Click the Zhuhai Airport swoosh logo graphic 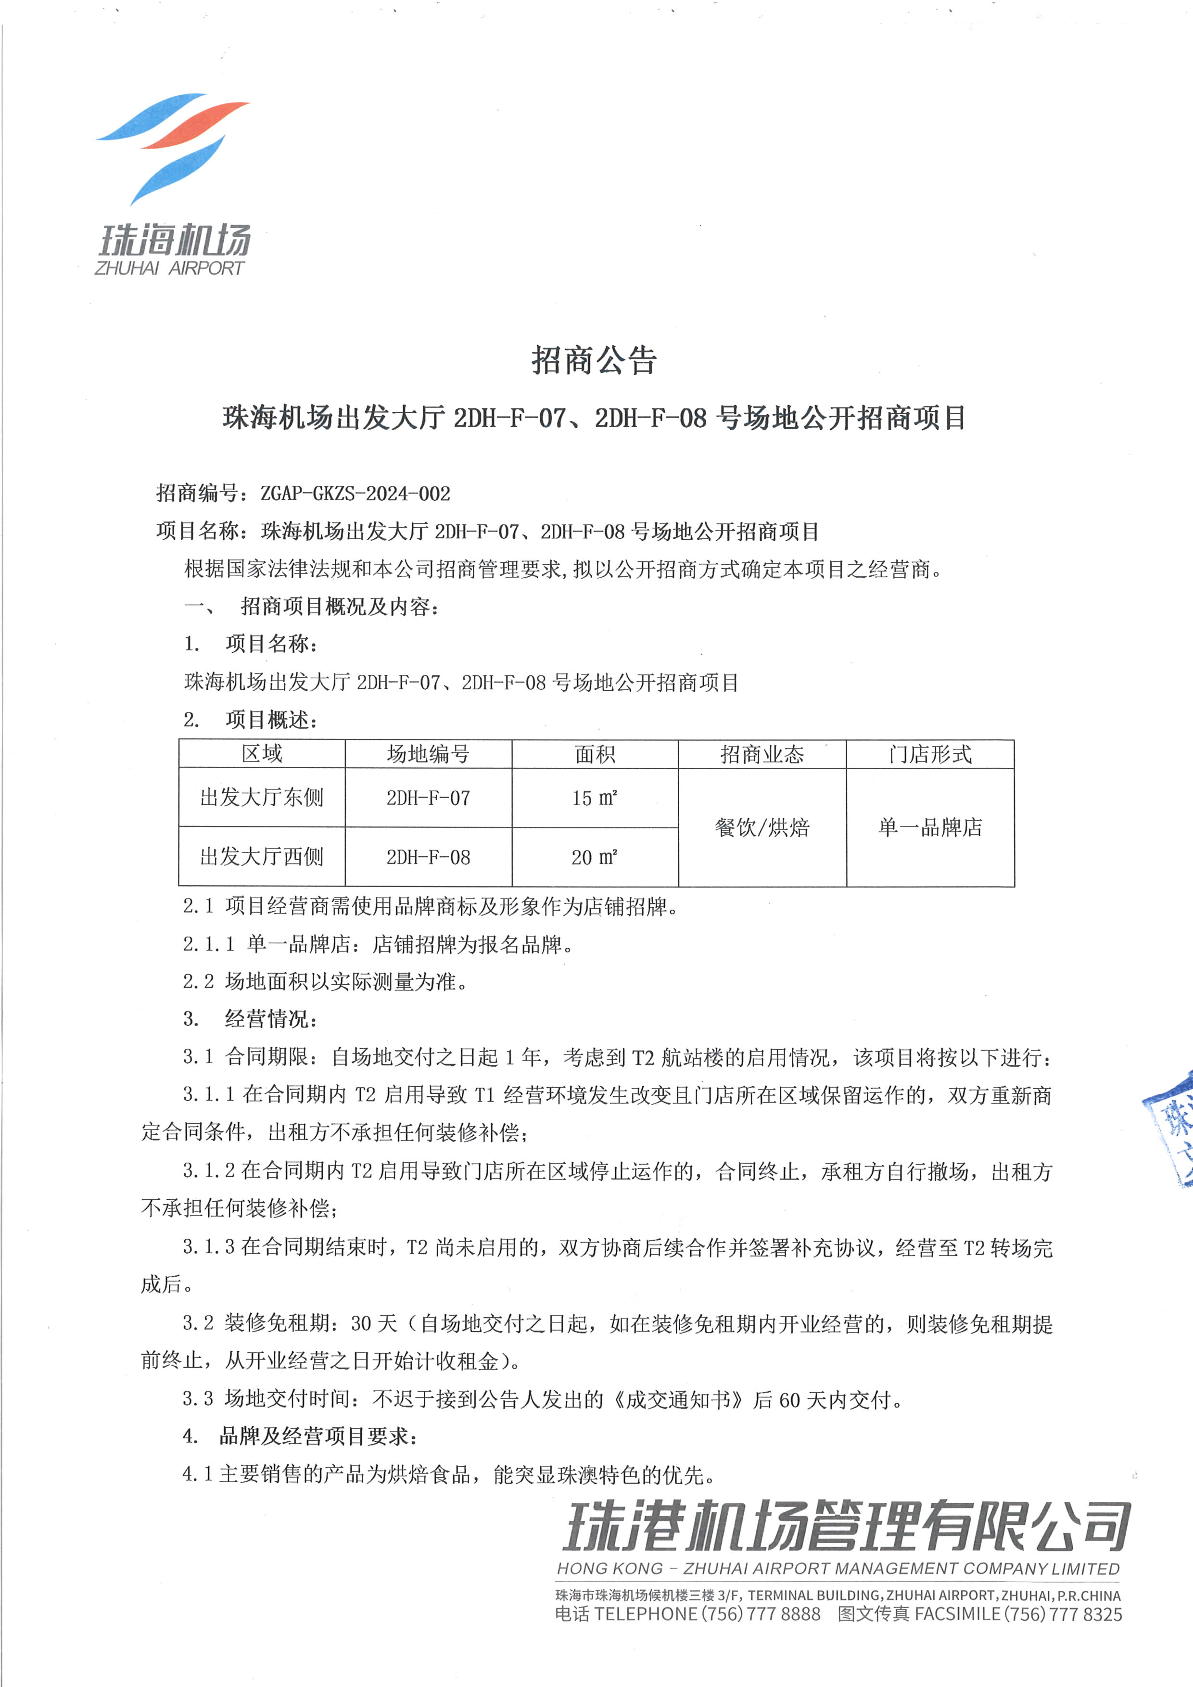[x=173, y=147]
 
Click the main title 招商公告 [x=594, y=360]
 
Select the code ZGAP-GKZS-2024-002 [x=355, y=493]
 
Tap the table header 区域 [x=262, y=754]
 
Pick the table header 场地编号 [x=428, y=754]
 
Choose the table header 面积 [x=594, y=754]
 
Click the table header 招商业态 [x=762, y=754]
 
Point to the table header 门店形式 [x=929, y=754]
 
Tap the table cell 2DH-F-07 [x=428, y=798]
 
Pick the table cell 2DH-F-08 [x=428, y=857]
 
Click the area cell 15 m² [x=594, y=798]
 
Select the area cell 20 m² [x=594, y=857]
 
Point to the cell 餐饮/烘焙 [x=762, y=827]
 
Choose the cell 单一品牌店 [x=929, y=827]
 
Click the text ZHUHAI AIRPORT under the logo [x=169, y=268]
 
